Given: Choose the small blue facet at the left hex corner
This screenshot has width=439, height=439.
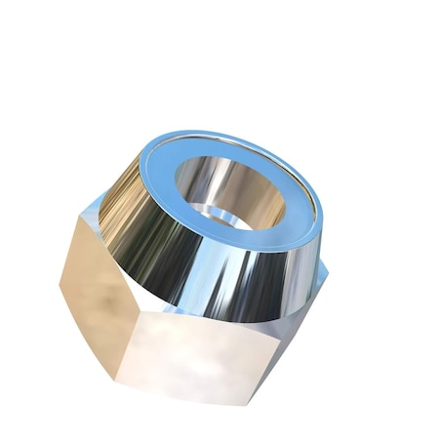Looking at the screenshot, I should click(x=93, y=210).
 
